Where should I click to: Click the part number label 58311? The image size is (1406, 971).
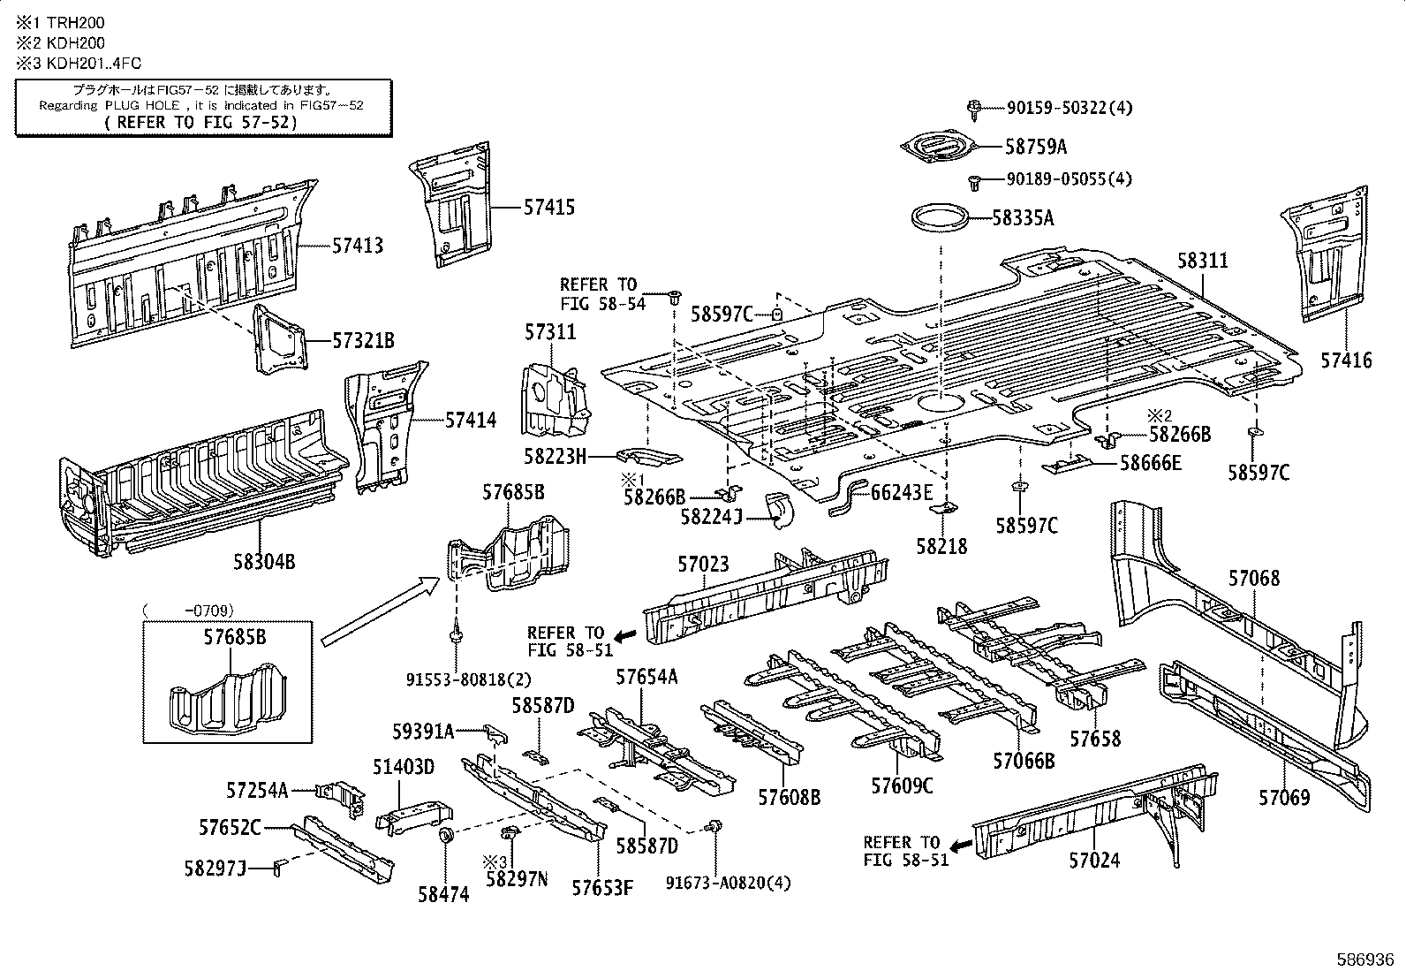click(x=1202, y=261)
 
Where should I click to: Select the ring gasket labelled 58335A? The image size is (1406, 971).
click(x=937, y=217)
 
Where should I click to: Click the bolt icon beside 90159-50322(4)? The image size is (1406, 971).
click(x=973, y=109)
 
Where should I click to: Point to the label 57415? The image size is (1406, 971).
click(x=548, y=208)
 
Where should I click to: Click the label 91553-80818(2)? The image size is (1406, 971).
click(x=457, y=679)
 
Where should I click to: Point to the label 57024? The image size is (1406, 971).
click(x=1094, y=860)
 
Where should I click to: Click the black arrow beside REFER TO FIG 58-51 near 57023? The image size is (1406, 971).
click(x=625, y=636)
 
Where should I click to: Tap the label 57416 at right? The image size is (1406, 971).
click(x=1347, y=360)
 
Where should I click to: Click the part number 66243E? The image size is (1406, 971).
click(x=902, y=493)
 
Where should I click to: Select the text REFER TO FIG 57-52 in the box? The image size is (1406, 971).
click(x=201, y=121)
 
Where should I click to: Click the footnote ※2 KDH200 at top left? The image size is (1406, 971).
click(x=60, y=42)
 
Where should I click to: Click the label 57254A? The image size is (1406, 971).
click(x=257, y=790)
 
